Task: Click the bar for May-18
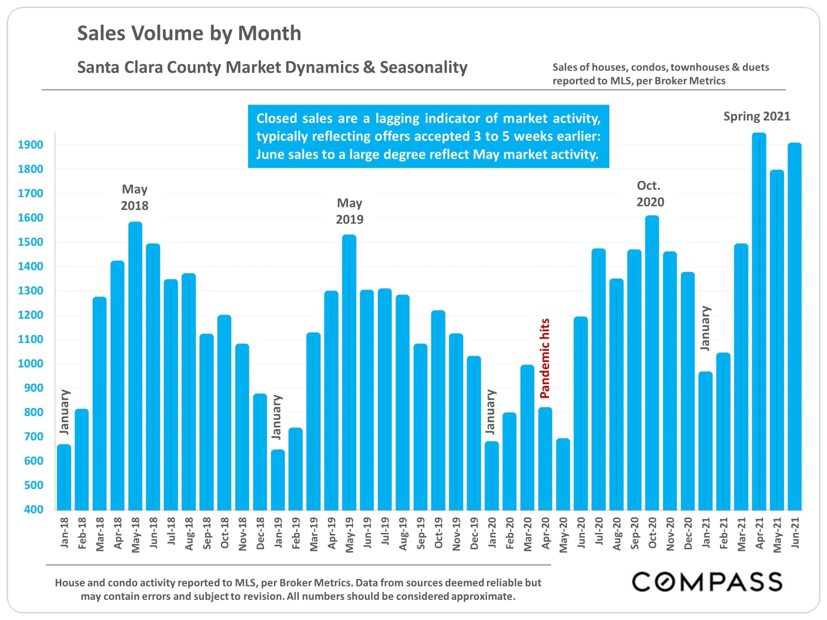[x=135, y=366]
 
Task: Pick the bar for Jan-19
[x=278, y=480]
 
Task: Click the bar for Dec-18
[x=260, y=452]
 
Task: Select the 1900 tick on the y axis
[x=31, y=145]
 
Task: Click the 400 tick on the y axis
[x=34, y=510]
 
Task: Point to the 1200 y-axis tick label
[x=31, y=315]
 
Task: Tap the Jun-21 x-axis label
[x=795, y=533]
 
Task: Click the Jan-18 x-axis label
[x=64, y=533]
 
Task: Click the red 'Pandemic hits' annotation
[x=545, y=358]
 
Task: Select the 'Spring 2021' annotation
[x=757, y=117]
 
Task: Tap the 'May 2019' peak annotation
[x=349, y=211]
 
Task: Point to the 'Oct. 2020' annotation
[x=650, y=194]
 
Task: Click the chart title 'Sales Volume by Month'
[x=189, y=34]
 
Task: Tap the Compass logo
[x=707, y=582]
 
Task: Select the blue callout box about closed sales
[x=428, y=136]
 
